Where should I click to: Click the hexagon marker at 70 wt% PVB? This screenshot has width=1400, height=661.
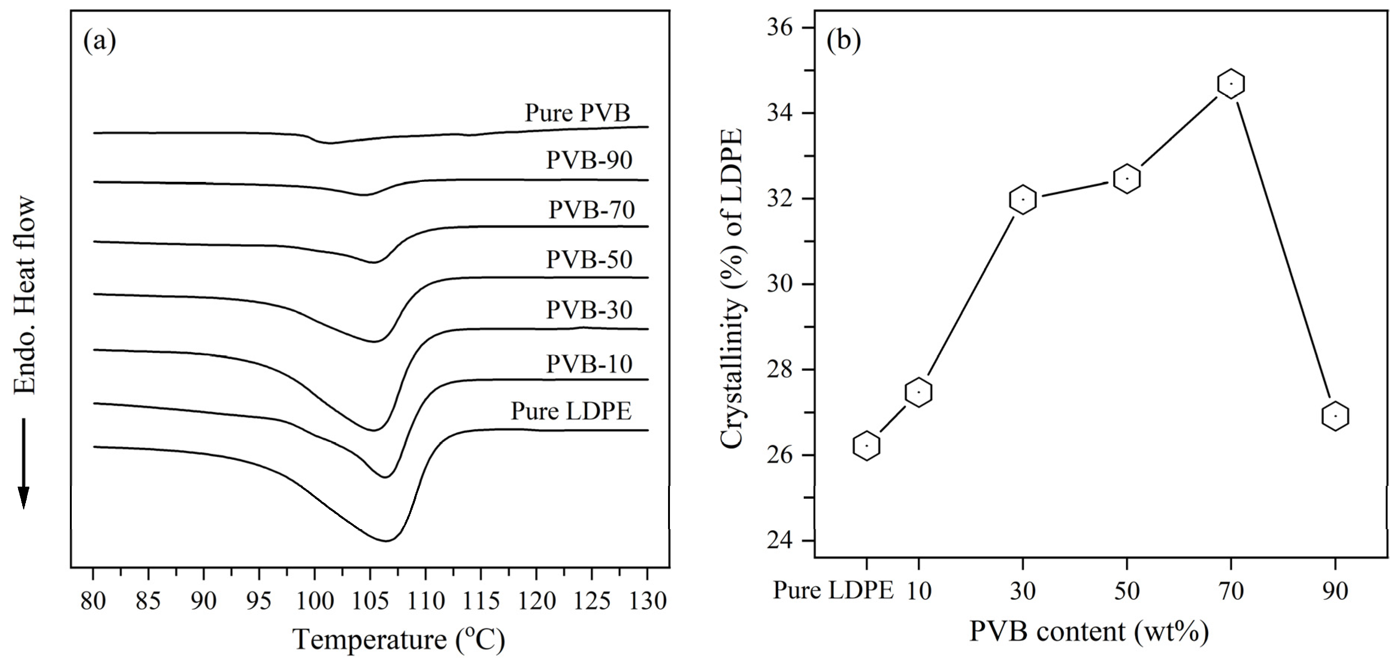tap(1231, 84)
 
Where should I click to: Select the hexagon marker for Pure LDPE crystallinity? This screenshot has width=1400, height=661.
tap(867, 446)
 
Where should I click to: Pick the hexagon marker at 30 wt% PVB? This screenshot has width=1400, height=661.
tap(1023, 200)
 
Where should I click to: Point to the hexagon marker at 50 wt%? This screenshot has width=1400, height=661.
tap(1126, 178)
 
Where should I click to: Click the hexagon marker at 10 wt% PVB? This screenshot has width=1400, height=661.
tap(918, 392)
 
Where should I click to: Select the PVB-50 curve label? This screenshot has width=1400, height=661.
tap(589, 260)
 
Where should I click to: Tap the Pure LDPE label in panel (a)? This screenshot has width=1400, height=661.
tap(571, 411)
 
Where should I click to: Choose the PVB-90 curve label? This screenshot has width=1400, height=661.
tap(589, 160)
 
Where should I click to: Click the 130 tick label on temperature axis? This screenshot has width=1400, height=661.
tap(646, 602)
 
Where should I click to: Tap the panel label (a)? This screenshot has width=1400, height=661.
tap(100, 42)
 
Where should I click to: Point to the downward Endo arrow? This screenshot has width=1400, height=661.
tap(23, 462)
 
